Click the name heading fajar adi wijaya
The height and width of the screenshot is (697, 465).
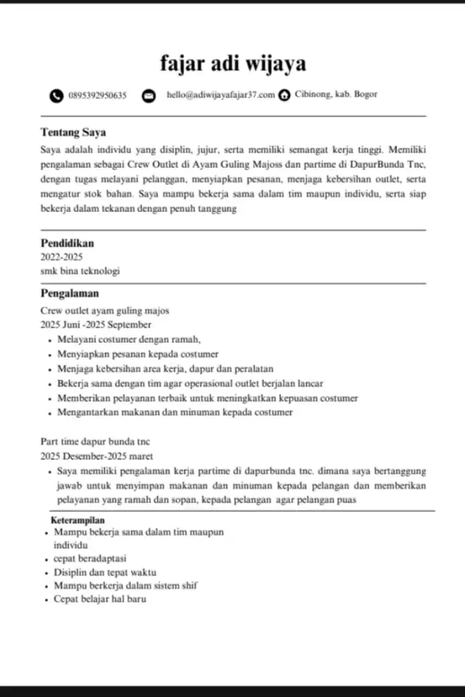pyautogui.click(x=232, y=65)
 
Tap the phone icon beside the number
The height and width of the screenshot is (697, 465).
pyautogui.click(x=56, y=95)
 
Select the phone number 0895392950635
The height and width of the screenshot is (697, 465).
pyautogui.click(x=97, y=95)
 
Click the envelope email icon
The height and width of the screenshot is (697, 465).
pyautogui.click(x=148, y=95)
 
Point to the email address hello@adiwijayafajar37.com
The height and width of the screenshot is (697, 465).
pyautogui.click(x=221, y=95)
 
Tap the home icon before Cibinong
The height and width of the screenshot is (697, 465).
pyautogui.click(x=284, y=95)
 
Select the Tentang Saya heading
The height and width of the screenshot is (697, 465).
pyautogui.click(x=73, y=132)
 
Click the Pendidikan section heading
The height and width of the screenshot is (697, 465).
pyautogui.click(x=67, y=243)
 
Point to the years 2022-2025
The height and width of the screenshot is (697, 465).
pyautogui.click(x=61, y=257)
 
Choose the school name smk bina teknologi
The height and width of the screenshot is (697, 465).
pyautogui.click(x=80, y=271)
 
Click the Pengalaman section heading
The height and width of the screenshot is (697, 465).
pyautogui.click(x=70, y=293)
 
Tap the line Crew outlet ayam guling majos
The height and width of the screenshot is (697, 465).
pyautogui.click(x=105, y=311)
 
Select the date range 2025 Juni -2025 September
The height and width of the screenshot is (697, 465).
pyautogui.click(x=95, y=325)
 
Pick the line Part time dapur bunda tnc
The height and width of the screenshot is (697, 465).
pyautogui.click(x=95, y=442)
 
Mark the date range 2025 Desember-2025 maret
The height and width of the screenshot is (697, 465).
pyautogui.click(x=97, y=456)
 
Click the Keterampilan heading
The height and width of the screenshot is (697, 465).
pyautogui.click(x=78, y=521)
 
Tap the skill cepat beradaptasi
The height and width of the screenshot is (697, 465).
pyautogui.click(x=90, y=558)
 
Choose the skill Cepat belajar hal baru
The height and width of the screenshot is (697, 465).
pyautogui.click(x=100, y=599)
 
